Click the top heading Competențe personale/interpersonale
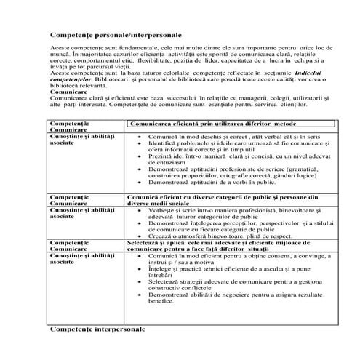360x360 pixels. (117, 35)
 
